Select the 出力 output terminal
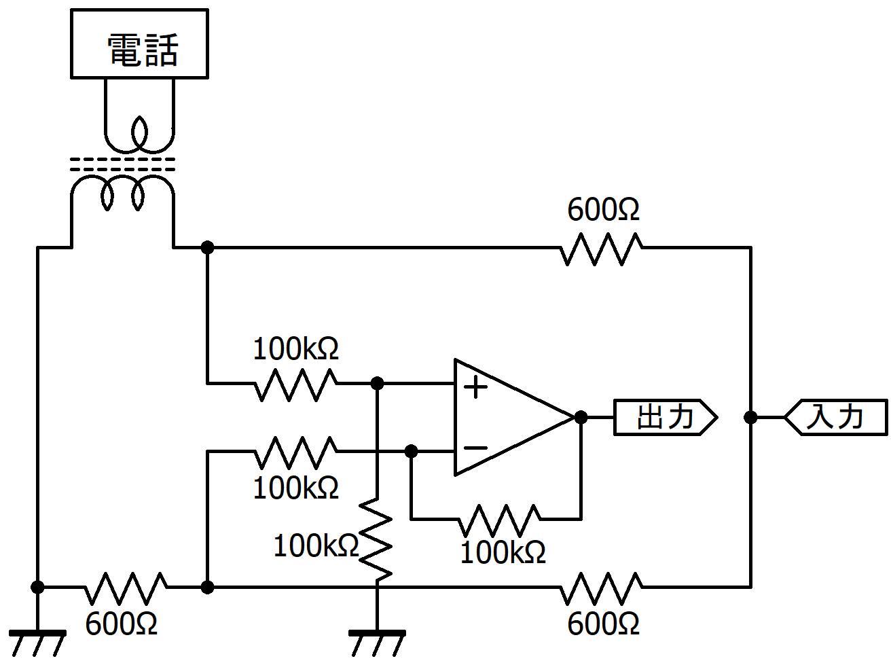point(666,417)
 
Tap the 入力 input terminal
point(836,417)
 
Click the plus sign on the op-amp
point(475,387)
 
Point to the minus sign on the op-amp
point(475,448)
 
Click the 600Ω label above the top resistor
point(603,210)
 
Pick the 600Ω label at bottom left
point(121,624)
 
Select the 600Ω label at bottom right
point(603,624)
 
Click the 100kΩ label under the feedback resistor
point(503,552)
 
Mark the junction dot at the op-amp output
point(581,417)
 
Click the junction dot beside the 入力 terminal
point(750,417)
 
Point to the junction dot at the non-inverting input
point(377,383)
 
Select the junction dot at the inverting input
point(411,451)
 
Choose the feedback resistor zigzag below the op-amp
point(500,519)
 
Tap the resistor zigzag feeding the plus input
point(295,384)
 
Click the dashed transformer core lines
point(123,164)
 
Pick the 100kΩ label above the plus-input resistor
point(295,348)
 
